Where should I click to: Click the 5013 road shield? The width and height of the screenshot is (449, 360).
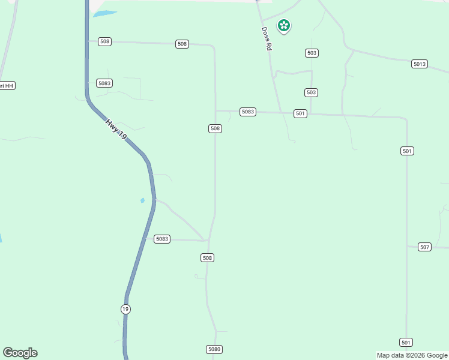point(420,64)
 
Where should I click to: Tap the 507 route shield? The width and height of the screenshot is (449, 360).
point(424,247)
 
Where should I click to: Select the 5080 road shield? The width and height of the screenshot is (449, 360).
point(214,349)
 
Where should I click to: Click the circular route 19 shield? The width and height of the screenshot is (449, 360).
point(125,309)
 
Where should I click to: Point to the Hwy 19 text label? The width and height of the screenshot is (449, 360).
point(116,130)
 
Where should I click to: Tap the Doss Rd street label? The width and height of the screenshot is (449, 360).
point(267,38)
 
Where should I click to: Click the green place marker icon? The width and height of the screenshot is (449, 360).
point(284,26)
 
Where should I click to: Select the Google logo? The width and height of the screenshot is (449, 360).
point(20,353)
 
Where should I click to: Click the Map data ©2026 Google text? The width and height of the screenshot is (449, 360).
point(412,355)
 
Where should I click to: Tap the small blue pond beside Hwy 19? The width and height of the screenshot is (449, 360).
point(142,200)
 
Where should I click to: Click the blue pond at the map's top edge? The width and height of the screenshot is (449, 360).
point(104,13)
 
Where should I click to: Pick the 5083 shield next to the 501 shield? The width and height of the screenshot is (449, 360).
point(248,112)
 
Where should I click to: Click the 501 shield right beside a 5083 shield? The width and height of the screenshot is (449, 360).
point(301,113)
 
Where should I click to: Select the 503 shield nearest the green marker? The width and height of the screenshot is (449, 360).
point(312,53)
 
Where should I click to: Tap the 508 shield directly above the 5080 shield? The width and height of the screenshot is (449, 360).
point(207,257)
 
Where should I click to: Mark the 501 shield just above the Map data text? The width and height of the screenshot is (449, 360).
point(406,342)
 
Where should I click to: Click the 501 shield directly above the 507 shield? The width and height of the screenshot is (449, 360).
point(408,151)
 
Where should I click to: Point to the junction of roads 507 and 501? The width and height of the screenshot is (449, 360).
point(407,246)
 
